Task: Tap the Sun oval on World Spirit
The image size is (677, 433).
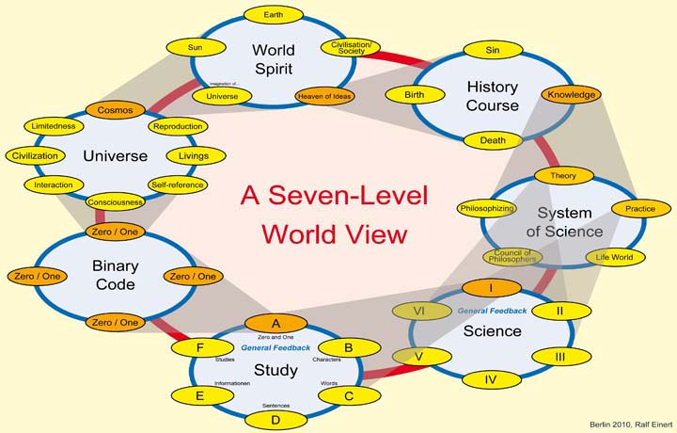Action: coord(195,45)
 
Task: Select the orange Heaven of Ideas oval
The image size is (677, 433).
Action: coord(324,96)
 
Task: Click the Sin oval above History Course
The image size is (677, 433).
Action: coord(492,49)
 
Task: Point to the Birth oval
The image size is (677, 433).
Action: coord(415,95)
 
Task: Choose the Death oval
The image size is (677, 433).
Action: coord(493,141)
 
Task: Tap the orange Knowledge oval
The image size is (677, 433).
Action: coord(570,94)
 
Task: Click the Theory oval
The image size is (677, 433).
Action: coord(562,176)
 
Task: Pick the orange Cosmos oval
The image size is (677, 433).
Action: coord(115,110)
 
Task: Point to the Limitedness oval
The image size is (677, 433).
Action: coord(54,126)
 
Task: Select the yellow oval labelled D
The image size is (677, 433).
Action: coord(275,419)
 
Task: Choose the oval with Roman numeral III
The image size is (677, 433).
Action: coord(559,356)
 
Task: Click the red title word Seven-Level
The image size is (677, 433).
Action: coord(334,196)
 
